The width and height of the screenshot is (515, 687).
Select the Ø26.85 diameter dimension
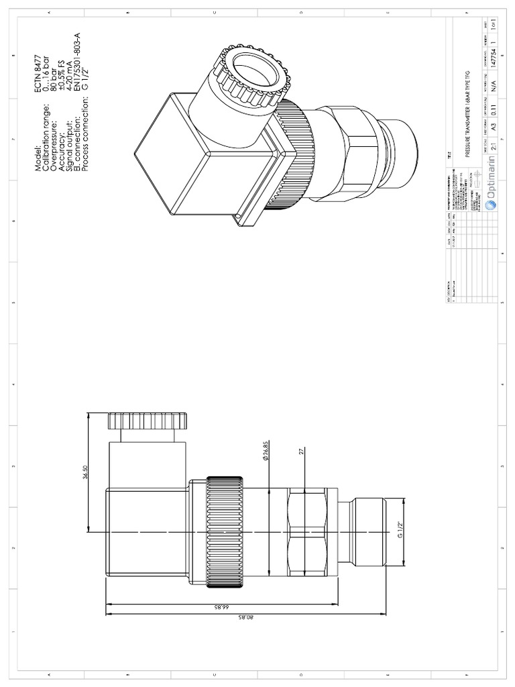pos(265,451)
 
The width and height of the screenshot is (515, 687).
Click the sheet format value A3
pos(494,125)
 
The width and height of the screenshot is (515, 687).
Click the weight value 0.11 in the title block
pos(494,105)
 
